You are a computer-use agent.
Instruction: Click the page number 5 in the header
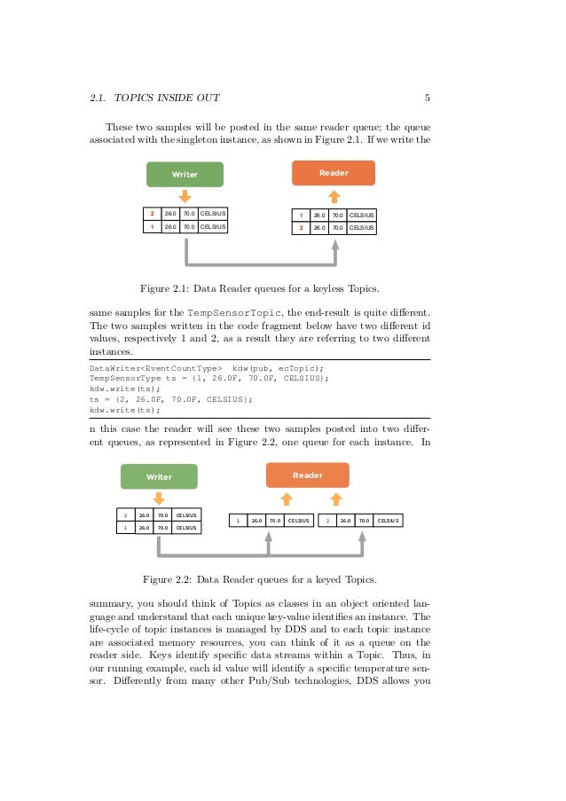[x=428, y=97]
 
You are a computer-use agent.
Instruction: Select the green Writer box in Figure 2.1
[x=185, y=174]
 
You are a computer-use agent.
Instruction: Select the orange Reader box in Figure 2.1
[x=334, y=172]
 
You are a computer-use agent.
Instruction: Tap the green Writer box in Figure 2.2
[x=159, y=476]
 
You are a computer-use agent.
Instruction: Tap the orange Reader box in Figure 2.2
[x=308, y=475]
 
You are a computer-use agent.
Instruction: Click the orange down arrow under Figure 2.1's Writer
[x=185, y=195]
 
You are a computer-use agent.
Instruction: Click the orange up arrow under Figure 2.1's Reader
[x=334, y=195]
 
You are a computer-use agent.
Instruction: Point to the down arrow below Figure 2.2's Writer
[x=159, y=499]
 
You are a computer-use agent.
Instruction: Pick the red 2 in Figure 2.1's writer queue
[x=152, y=214]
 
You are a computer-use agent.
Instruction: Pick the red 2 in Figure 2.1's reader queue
[x=301, y=228]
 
